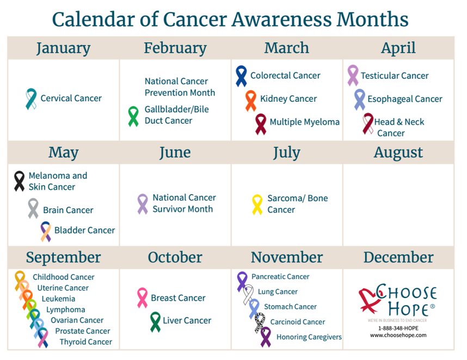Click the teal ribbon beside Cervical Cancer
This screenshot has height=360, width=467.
31,100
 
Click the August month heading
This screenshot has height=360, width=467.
398,153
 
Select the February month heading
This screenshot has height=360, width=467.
175,48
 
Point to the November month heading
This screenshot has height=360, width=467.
287,257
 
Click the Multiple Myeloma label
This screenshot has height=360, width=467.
304,122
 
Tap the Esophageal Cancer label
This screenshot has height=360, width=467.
405,99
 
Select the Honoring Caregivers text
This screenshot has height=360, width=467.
309,337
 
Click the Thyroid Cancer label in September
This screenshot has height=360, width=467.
86,342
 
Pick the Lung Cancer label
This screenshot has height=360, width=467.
278,292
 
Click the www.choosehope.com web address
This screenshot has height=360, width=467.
398,336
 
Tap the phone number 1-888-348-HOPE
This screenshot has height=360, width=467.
398,328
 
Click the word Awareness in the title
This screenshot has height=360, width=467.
282,20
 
